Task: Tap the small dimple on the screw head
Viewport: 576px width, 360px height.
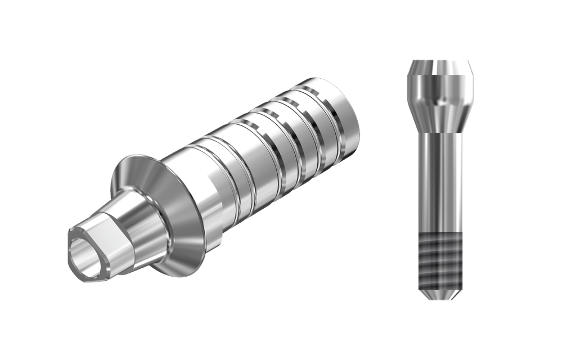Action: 442,101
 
